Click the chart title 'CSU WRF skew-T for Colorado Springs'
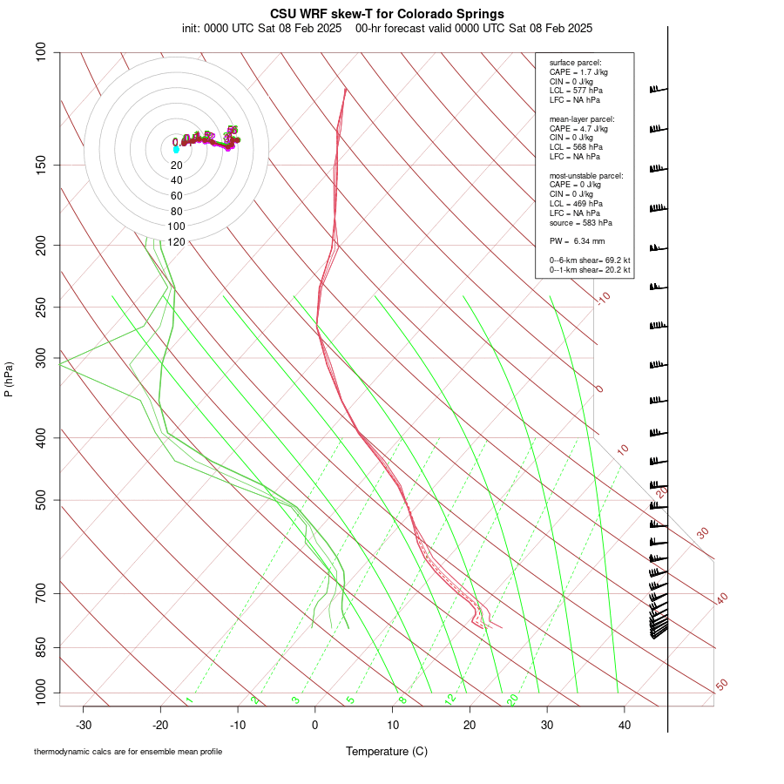click(387, 14)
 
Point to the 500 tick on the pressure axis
click(42, 500)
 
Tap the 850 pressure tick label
click(42, 647)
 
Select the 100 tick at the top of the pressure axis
click(42, 52)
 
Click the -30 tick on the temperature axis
click(84, 725)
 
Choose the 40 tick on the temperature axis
click(624, 725)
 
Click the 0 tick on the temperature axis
click(315, 725)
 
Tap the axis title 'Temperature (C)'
click(387, 751)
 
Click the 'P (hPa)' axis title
click(9, 379)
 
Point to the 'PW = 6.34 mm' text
click(577, 240)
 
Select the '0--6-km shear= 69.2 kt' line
click(590, 260)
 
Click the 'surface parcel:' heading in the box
click(575, 63)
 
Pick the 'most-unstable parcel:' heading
click(586, 175)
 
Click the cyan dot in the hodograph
click(176, 150)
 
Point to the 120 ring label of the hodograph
click(176, 241)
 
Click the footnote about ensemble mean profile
click(128, 751)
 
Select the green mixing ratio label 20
click(512, 699)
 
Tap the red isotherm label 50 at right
click(721, 686)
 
